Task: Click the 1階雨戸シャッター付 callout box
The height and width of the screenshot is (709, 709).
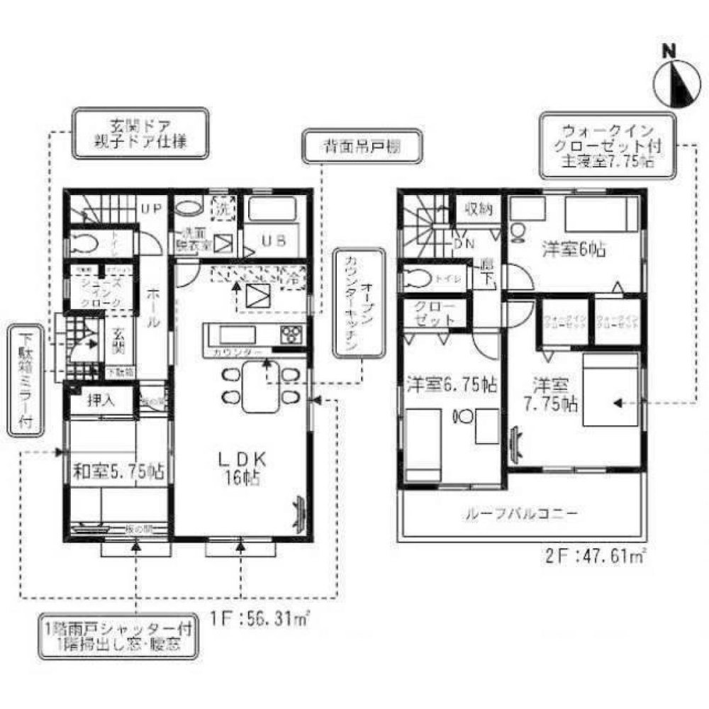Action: click(118, 636)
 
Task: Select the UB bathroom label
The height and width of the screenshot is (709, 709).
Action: click(274, 240)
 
